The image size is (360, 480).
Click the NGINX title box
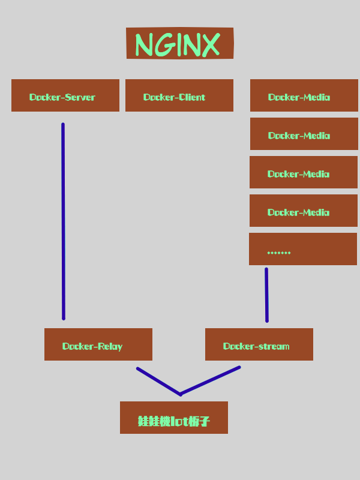(179, 43)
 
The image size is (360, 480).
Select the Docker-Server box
(65, 95)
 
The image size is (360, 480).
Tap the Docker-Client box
(179, 95)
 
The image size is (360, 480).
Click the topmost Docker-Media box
(304, 95)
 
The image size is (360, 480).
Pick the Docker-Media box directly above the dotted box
(303, 211)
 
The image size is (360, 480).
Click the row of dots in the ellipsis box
(278, 253)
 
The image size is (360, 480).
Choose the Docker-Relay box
(98, 344)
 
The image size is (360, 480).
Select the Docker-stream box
(259, 344)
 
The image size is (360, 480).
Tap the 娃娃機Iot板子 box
(173, 418)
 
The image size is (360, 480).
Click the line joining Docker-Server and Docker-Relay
(63, 222)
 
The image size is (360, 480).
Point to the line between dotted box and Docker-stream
(266, 295)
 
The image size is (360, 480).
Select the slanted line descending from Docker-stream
(210, 380)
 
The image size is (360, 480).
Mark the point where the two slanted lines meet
(180, 394)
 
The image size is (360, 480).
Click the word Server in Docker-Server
(80, 97)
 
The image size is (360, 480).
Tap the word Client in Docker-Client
(192, 97)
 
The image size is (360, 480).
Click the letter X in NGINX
(209, 44)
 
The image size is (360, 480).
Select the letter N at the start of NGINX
(145, 44)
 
